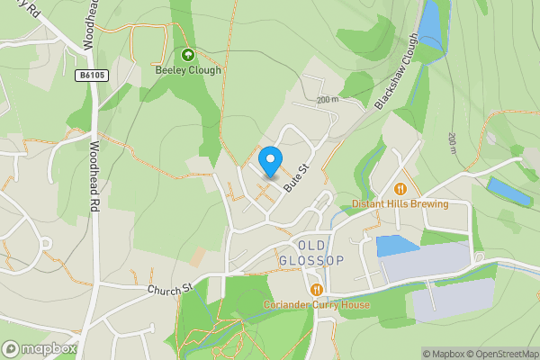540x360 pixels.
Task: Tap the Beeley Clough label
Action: pyautogui.click(x=188, y=70)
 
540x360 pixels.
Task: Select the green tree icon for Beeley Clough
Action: pyautogui.click(x=188, y=55)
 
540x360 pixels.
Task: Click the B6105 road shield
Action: pyautogui.click(x=92, y=76)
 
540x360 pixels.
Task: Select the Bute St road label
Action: pyautogui.click(x=295, y=176)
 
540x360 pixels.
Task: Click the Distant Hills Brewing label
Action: pyautogui.click(x=400, y=204)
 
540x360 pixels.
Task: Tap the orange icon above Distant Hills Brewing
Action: pyautogui.click(x=400, y=189)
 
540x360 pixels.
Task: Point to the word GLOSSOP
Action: pyautogui.click(x=312, y=261)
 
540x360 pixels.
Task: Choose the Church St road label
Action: pyautogui.click(x=171, y=289)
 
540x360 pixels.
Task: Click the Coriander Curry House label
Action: pyautogui.click(x=316, y=304)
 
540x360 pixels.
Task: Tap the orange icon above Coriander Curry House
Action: pyautogui.click(x=316, y=290)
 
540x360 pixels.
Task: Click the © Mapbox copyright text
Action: pyautogui.click(x=445, y=354)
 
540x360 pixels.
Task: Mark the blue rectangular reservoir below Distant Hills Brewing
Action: pyautogui.click(x=397, y=246)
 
